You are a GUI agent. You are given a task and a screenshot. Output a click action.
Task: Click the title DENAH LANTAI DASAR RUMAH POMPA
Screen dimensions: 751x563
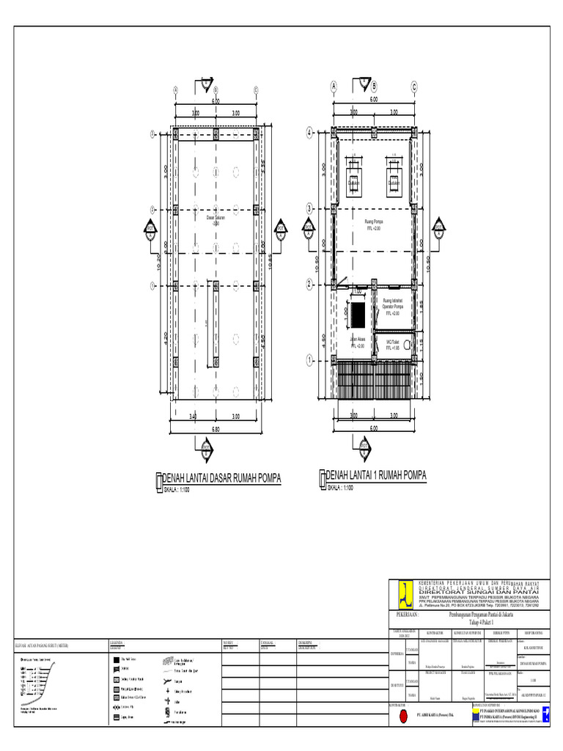coord(220,479)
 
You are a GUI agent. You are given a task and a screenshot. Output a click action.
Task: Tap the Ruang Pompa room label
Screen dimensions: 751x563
coord(374,223)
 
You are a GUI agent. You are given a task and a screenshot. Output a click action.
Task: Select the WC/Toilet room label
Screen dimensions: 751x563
coord(394,345)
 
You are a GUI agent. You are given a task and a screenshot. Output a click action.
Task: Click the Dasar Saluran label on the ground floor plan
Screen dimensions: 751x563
coord(216,219)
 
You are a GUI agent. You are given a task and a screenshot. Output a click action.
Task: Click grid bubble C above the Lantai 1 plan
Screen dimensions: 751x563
coord(413,86)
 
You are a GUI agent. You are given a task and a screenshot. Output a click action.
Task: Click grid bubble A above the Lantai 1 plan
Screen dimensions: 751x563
coord(334,86)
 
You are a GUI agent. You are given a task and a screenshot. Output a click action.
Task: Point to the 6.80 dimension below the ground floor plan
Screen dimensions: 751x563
coord(216,428)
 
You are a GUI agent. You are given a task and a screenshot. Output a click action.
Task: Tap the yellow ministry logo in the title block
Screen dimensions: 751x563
coord(403,590)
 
